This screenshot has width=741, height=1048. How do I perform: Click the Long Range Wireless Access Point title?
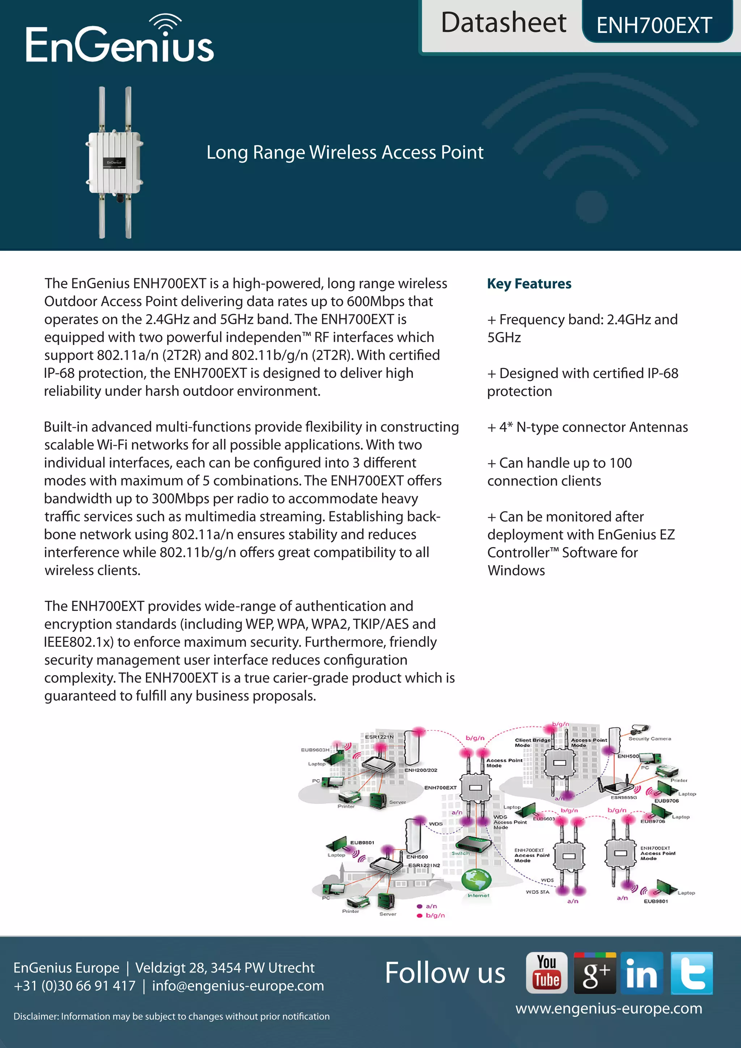pos(344,152)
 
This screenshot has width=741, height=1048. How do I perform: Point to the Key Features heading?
pos(529,284)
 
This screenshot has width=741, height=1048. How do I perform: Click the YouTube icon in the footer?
pos(546,973)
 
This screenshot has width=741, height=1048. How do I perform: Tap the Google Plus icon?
pos(595,973)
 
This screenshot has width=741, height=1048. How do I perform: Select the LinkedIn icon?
pos(642,973)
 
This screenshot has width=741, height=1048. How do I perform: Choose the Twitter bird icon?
pos(691,973)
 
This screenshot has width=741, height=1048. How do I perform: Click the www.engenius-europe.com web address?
pos(609,1008)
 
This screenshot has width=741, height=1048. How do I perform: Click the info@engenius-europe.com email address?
pos(238,986)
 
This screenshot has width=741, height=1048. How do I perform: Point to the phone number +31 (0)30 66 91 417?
pos(75,986)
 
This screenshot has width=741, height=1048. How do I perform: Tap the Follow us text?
pos(445,973)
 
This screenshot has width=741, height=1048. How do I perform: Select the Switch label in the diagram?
pos(460,853)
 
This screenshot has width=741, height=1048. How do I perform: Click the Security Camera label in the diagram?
pos(649,739)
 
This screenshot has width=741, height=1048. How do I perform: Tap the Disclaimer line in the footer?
pos(172,1017)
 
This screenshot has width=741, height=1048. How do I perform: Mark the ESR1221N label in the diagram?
pos(379,737)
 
